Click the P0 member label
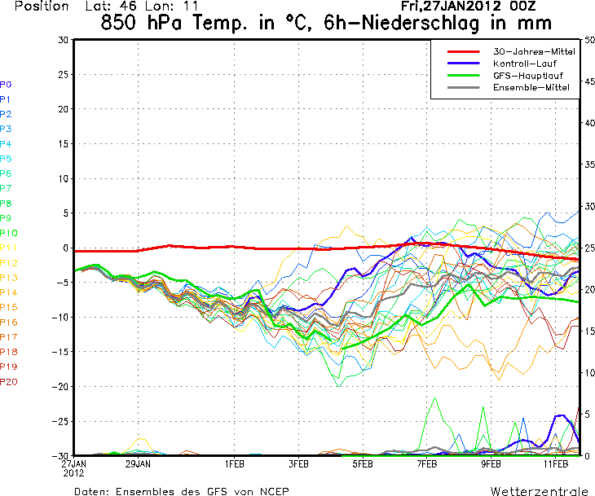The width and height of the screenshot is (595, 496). click(x=6, y=85)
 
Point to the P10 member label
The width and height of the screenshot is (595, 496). click(x=8, y=233)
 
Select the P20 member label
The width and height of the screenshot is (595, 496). click(x=8, y=381)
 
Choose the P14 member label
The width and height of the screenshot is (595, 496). click(x=8, y=292)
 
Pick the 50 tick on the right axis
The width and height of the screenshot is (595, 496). click(x=588, y=40)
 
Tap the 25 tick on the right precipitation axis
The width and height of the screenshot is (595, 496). click(x=588, y=248)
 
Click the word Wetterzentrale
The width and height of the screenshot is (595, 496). click(x=538, y=491)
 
